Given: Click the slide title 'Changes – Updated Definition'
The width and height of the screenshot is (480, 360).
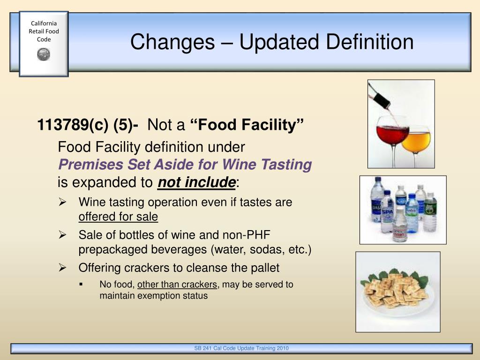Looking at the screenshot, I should pos(272,42).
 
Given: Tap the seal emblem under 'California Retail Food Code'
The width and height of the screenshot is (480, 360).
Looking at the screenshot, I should pos(44,54).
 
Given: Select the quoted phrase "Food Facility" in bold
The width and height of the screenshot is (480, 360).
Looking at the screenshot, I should pos(247,125).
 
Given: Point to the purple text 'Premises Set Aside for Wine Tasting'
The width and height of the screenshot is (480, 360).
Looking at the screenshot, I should pos(185,165).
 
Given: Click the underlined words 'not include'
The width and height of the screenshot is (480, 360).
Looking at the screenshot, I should pos(196,182).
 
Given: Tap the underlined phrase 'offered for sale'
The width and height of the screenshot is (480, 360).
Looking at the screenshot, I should pos(118,217).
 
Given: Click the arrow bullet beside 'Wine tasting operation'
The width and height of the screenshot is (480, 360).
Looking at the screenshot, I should pos(63,202).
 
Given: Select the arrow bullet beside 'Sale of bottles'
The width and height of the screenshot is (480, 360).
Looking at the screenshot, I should pos(63,235).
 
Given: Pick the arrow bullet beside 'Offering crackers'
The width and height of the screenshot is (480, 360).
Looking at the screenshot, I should pos(63,268).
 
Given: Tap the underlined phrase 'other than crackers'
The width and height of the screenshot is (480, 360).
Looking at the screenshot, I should pos(177,285).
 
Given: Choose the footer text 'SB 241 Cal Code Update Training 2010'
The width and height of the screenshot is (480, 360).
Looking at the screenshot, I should pos(241,348).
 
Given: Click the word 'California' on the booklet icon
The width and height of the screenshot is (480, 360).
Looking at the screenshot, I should pos(44,23).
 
